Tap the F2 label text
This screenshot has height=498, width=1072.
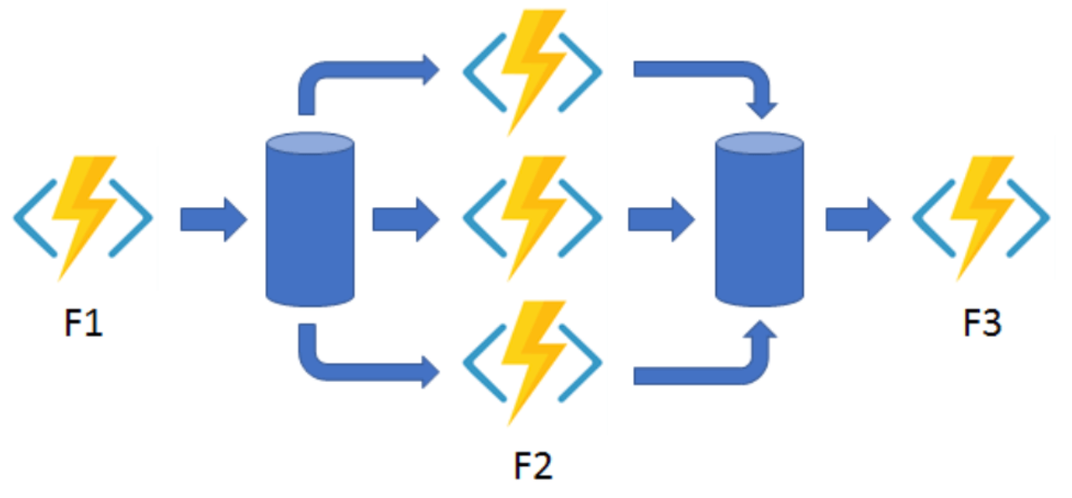tap(532, 465)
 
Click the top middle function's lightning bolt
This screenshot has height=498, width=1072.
tap(532, 71)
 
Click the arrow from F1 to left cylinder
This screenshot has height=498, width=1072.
tap(213, 221)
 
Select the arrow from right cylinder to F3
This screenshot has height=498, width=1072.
tap(857, 221)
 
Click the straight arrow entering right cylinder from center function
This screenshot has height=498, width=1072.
tap(661, 221)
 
